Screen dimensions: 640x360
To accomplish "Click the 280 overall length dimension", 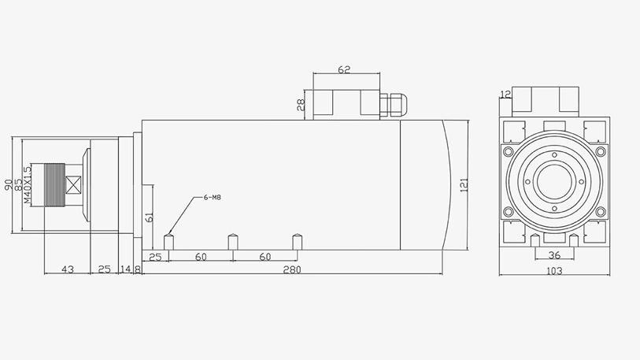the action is pos(292,269).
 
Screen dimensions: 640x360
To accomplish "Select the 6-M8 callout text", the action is pos(213,198).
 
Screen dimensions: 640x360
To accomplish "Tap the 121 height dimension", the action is pos(464,185).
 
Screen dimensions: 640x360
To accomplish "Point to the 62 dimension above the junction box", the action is pos(344,69).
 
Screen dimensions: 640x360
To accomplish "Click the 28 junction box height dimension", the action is pos(301,105).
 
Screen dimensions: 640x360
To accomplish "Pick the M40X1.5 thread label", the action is pos(28,184).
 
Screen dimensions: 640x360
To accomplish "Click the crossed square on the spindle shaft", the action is pos(74,184).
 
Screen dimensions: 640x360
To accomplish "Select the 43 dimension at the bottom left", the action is pos(68,269).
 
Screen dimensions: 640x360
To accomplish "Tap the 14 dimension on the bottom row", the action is pos(126,269).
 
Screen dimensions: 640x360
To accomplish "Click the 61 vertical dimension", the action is pos(150,217).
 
